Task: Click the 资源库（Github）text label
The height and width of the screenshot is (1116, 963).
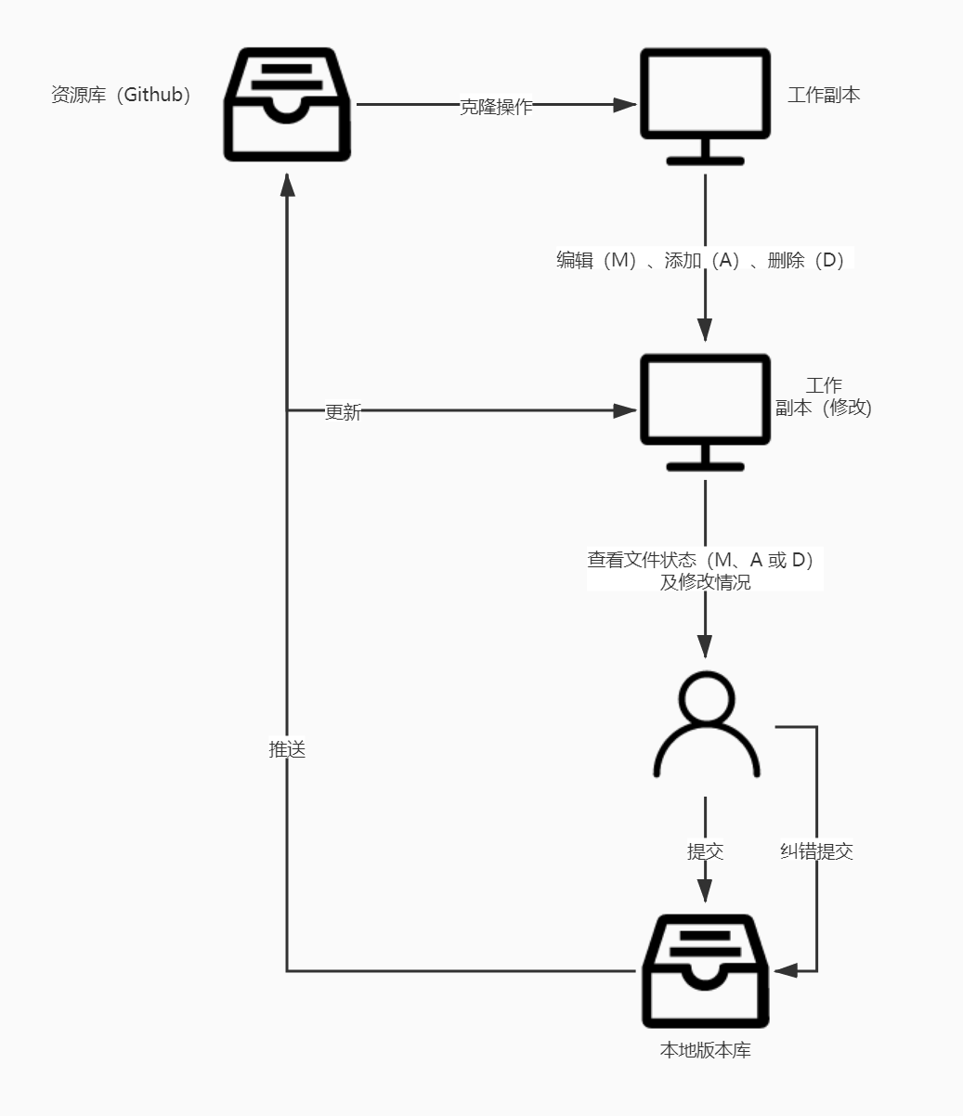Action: click(121, 95)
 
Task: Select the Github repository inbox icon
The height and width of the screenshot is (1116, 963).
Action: click(287, 105)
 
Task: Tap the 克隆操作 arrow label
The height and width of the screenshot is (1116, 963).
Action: click(497, 106)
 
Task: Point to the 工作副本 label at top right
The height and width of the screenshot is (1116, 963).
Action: click(824, 95)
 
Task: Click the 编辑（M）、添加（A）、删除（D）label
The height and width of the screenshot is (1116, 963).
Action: click(704, 260)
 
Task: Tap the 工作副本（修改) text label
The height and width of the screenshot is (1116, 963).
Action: click(824, 396)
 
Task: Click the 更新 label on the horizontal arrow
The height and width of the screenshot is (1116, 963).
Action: click(343, 412)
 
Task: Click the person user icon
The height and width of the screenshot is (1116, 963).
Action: click(707, 725)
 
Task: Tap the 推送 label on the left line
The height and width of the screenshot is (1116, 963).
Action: click(287, 750)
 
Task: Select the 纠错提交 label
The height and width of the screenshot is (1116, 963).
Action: click(816, 851)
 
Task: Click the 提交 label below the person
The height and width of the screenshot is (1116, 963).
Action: click(705, 851)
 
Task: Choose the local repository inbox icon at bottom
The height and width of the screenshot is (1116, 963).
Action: click(705, 971)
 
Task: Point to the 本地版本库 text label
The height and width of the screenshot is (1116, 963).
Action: click(705, 1051)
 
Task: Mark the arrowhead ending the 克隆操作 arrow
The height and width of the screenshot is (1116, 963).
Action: click(625, 105)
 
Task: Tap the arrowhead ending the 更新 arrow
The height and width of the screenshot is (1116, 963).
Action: click(625, 410)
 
